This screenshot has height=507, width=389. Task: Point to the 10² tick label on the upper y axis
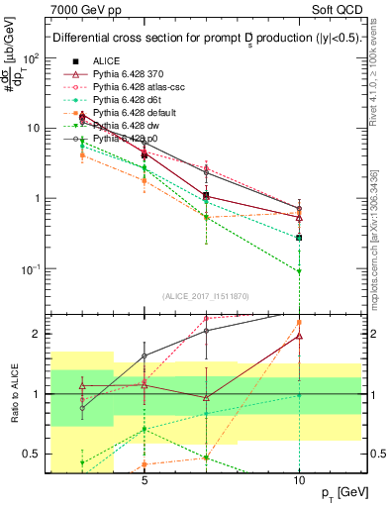pos(31,58)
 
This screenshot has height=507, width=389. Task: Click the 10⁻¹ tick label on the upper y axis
pos(31,269)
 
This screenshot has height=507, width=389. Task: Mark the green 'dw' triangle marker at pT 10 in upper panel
pos(299,271)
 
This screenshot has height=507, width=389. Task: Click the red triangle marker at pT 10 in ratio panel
pos(299,337)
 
